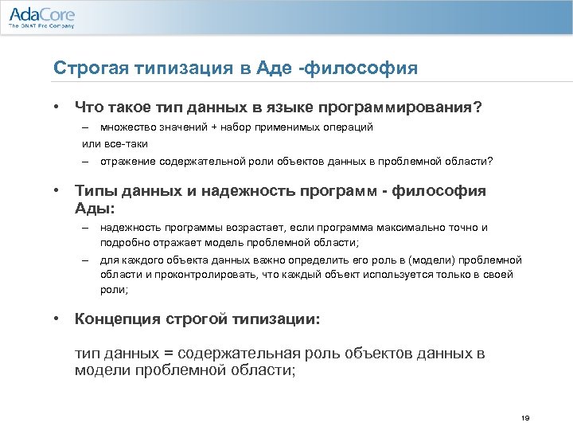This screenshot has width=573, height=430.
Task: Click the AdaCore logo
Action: tap(41, 14)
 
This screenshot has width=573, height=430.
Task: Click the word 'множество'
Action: tap(127, 127)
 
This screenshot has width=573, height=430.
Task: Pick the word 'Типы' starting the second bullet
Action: tap(95, 192)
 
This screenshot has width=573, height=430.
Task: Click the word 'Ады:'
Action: tap(94, 207)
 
